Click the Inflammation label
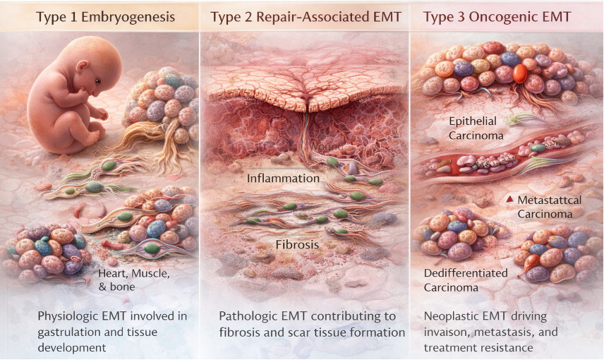pos(283,178)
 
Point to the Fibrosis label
pos(296,245)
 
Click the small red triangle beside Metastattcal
pos(509,200)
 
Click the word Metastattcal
pos(549,200)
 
